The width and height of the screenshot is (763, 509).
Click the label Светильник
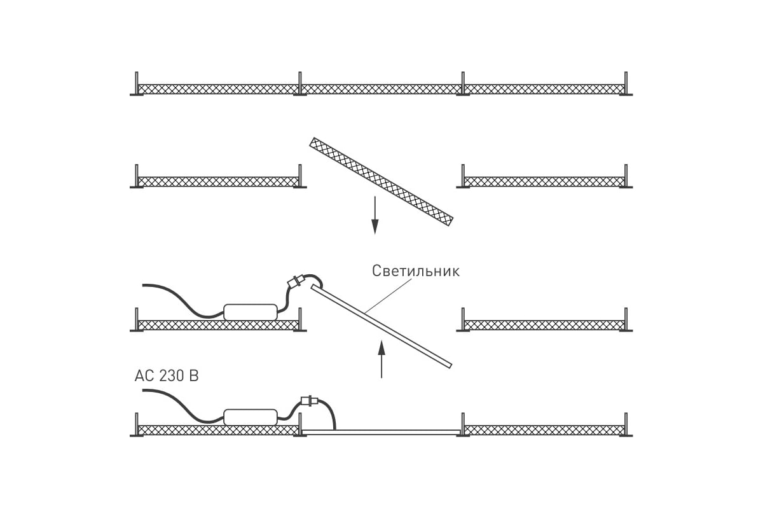(416, 272)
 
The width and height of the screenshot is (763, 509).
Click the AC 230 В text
(167, 376)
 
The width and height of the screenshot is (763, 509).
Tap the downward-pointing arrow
(375, 215)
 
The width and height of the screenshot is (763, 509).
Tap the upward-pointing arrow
(381, 359)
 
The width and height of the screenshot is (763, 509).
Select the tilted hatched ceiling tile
(381, 182)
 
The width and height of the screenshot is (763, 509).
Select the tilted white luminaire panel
(381, 326)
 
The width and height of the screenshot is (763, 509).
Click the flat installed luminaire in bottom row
(381, 432)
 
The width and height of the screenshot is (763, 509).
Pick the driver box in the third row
(251, 312)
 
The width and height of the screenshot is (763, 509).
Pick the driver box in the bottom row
(251, 417)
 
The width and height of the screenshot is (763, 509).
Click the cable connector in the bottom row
(310, 401)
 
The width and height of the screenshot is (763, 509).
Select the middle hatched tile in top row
(381, 89)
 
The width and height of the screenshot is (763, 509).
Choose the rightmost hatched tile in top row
(544, 89)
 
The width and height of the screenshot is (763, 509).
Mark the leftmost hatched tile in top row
(218, 89)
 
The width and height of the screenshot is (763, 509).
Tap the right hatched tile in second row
(544, 182)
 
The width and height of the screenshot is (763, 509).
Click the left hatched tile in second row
(218, 182)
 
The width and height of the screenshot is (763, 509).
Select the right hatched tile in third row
(544, 325)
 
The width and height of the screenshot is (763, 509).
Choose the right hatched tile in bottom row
(544, 430)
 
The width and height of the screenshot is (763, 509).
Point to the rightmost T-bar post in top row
(626, 83)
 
